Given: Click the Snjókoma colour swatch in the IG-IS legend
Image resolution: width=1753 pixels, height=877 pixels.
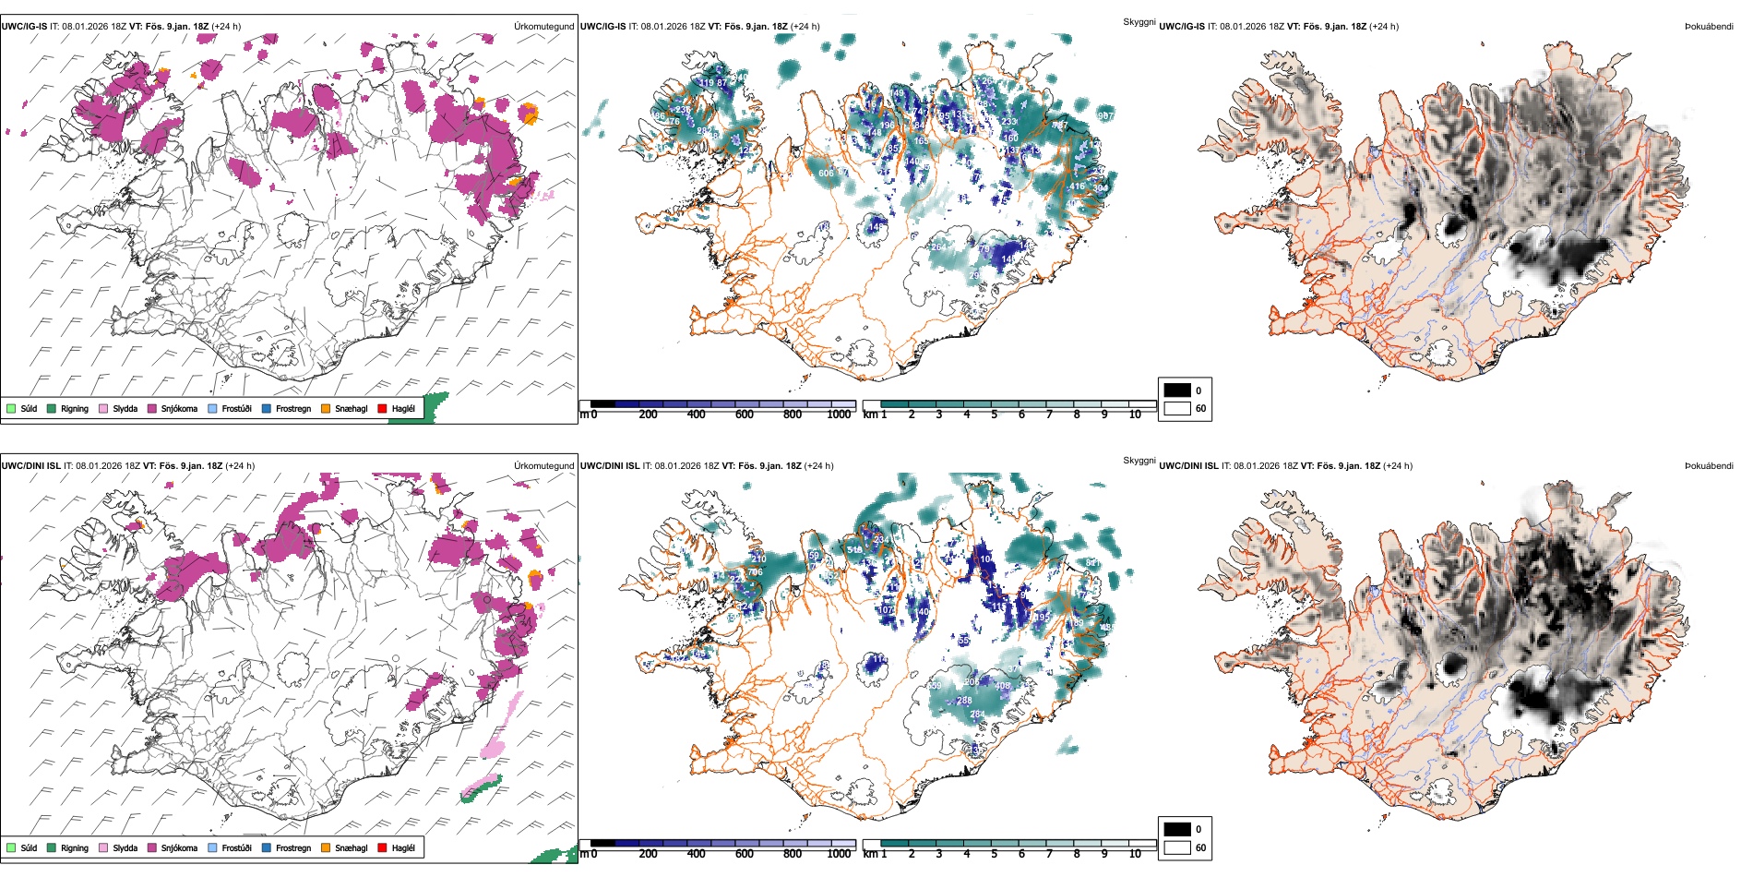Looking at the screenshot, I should [152, 408].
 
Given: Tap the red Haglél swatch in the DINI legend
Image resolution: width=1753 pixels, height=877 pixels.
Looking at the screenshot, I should [382, 847].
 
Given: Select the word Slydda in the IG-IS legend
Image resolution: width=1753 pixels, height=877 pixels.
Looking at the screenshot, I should [125, 408].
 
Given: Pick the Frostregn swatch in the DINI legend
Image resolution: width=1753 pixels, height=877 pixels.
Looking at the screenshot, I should [267, 847].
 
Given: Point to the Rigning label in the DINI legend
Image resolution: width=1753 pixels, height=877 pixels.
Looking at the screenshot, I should [75, 847].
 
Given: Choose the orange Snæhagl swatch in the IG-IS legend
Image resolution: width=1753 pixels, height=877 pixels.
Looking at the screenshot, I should [326, 408].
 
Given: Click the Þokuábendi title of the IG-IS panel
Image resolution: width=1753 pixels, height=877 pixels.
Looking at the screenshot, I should [1709, 27].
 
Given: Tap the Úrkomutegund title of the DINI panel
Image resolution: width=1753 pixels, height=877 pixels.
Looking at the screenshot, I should [543, 466].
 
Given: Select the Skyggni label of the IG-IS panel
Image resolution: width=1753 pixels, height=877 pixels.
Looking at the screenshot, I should [1139, 22].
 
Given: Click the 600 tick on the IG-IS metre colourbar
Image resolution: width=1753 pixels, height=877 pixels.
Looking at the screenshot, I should [745, 414].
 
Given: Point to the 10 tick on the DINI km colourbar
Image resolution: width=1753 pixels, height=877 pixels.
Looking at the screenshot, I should [1135, 854].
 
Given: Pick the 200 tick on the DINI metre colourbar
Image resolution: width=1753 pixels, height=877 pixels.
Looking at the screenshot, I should [649, 854].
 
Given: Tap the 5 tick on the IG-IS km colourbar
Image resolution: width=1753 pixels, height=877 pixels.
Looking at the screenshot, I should [995, 414].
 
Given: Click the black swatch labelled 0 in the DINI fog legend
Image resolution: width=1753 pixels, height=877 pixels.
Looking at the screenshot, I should [1177, 829].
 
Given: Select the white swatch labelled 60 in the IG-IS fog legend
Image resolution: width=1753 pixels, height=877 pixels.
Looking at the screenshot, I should [1177, 408].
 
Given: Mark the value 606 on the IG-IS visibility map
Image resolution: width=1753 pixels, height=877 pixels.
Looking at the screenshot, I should [826, 174].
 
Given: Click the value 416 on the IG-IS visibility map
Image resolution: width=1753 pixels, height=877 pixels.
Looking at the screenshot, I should [1077, 186].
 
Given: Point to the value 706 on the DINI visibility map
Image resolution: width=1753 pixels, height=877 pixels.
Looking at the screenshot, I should [755, 572].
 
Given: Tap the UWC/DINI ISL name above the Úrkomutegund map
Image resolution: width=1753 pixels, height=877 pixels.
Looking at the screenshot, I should [30, 466].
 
